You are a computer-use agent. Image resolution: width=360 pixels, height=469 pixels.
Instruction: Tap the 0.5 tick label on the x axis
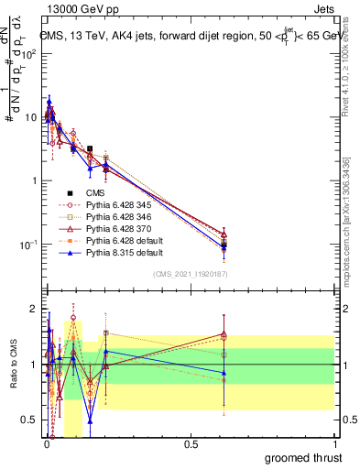point(191,442)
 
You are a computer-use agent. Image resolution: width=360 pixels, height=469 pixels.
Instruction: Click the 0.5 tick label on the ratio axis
point(27,421)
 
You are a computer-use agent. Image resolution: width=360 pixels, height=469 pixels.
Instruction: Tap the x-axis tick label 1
point(333,442)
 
